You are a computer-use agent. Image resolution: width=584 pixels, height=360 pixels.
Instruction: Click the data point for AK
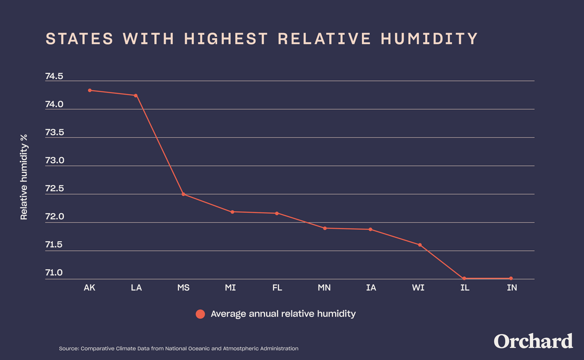90,90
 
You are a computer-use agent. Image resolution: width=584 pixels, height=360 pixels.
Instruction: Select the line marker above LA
136,95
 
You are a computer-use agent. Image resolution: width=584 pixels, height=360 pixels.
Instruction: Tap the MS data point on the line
183,194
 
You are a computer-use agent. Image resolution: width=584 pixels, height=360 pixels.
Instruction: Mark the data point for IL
464,278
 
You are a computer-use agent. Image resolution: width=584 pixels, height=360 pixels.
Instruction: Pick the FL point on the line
277,213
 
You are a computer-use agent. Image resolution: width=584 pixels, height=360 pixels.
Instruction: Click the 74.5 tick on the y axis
54,76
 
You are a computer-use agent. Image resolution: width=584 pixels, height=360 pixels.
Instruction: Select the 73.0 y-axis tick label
54,161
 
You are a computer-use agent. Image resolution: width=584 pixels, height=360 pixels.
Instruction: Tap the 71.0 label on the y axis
54,273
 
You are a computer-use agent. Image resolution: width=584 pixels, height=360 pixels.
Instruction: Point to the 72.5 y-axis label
54,189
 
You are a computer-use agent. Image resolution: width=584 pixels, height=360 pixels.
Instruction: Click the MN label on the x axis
324,288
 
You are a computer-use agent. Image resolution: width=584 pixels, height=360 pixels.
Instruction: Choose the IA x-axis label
371,288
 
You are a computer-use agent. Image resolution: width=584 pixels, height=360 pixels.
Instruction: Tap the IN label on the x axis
512,288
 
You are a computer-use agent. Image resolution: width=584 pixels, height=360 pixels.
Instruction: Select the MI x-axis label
230,288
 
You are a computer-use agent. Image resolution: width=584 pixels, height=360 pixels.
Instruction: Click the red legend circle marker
200,314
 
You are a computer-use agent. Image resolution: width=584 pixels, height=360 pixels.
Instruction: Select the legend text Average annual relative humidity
283,314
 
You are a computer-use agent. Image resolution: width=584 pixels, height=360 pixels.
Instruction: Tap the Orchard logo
533,342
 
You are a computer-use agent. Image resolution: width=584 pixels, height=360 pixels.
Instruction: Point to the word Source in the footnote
68,349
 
